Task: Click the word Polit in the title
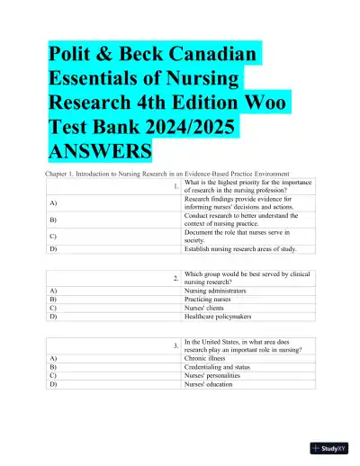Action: pyautogui.click(x=76, y=55)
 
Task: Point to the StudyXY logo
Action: pyautogui.click(x=329, y=447)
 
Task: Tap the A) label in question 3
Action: pyautogui.click(x=53, y=359)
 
